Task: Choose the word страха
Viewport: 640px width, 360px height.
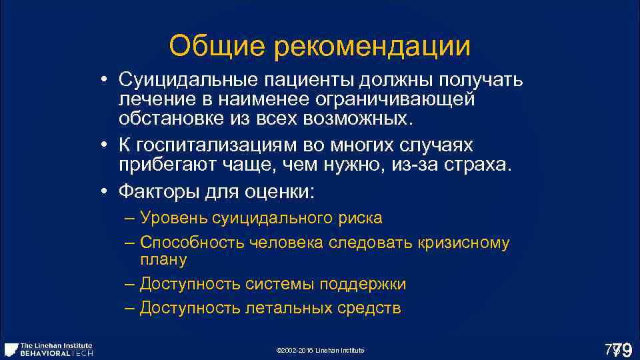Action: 477,165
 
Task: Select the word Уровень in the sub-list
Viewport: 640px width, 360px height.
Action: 174,219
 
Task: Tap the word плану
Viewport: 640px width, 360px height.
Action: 163,259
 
